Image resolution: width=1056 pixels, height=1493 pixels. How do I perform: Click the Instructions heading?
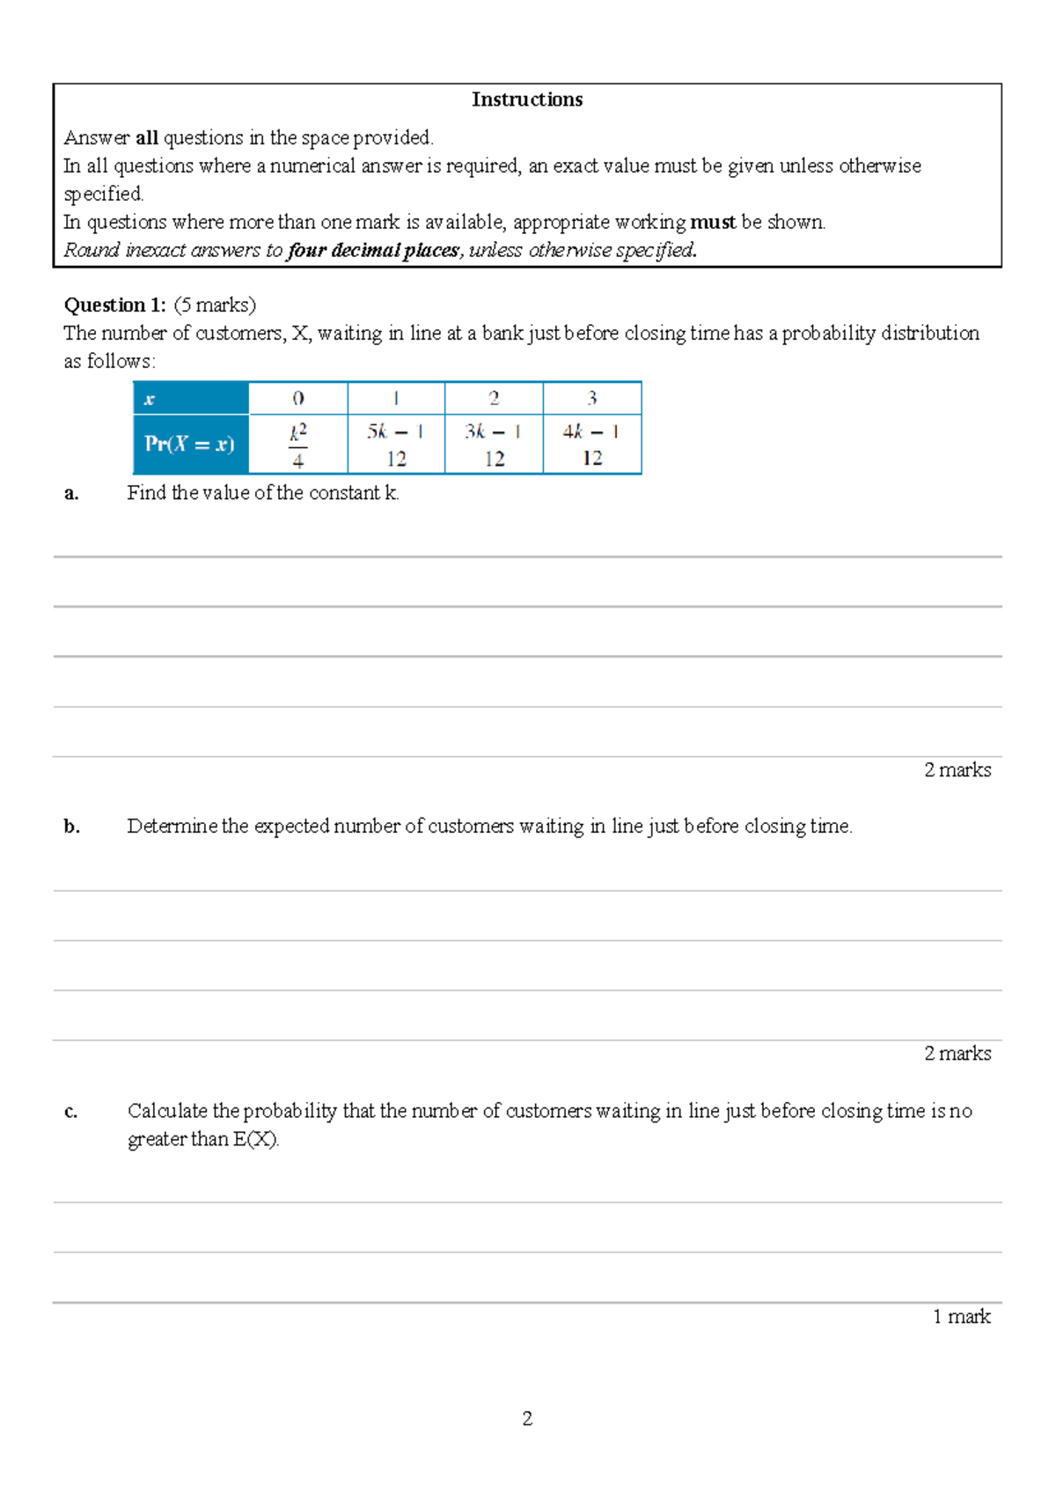coord(526,99)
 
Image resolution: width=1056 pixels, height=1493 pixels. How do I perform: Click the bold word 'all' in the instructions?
coord(146,138)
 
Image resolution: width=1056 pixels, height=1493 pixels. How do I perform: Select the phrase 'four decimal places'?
coord(373,251)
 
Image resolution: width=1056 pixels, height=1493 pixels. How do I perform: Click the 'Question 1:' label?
coord(114,305)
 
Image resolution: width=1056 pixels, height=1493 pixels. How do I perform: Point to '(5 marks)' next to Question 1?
coord(215,305)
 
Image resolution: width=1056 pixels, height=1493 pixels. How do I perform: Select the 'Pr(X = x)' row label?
coord(190,444)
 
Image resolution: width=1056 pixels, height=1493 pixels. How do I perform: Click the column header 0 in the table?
coord(298,399)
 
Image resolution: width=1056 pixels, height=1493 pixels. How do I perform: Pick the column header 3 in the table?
coord(592,399)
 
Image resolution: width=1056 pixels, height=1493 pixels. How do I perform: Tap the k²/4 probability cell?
coord(298,445)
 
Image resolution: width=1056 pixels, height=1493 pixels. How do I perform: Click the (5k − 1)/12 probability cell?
coord(396,445)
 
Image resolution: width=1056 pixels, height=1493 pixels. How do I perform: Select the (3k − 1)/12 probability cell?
coord(494,445)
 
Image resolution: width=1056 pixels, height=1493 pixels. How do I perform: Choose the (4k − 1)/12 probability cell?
coord(592,445)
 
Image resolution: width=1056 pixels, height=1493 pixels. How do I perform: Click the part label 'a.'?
coord(71,494)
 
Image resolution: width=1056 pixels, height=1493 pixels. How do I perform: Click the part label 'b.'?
coord(71,827)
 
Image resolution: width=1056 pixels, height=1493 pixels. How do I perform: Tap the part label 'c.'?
coord(71,1112)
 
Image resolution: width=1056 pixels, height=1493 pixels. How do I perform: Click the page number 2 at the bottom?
coord(527,1418)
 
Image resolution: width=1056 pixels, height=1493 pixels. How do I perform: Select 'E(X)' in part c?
coord(255,1139)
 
